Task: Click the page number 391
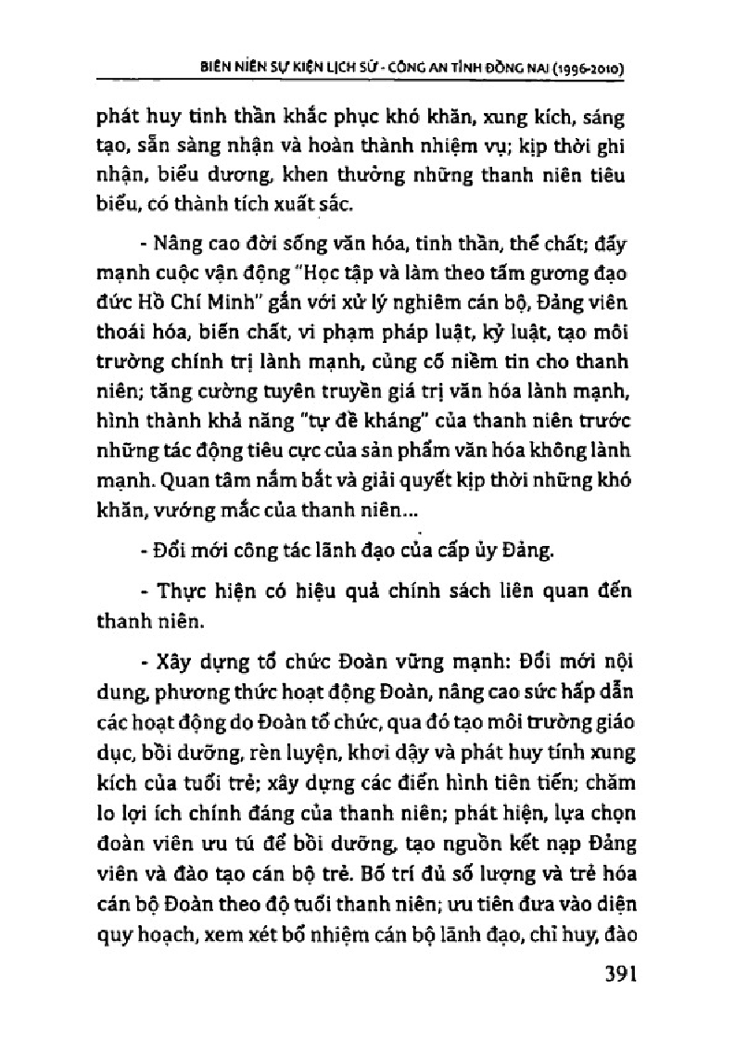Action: tap(605, 976)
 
